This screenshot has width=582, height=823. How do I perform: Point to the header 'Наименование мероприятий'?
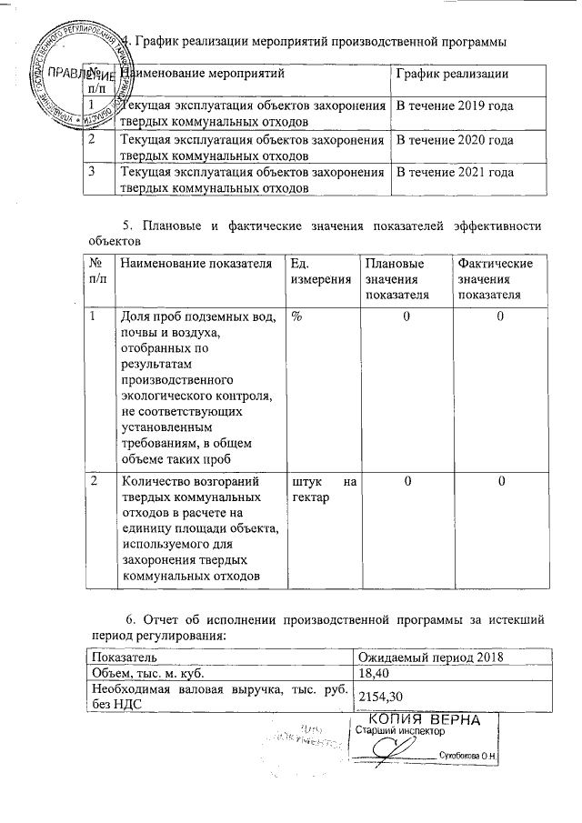click(202, 73)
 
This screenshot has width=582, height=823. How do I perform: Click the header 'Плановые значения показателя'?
click(396, 278)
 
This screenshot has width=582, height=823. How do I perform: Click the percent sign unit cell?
click(297, 316)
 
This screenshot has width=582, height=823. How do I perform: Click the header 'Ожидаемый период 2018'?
click(430, 657)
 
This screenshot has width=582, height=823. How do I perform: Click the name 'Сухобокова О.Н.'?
click(471, 756)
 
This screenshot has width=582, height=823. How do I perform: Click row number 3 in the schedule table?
click(91, 172)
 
